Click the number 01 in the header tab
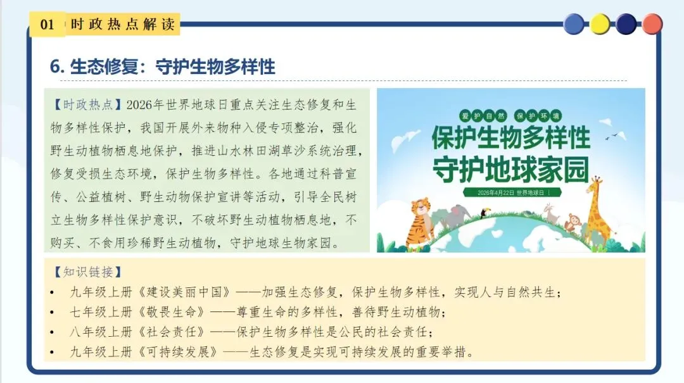47,25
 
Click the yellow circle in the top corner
600,24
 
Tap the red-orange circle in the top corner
652,24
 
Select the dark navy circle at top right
626,24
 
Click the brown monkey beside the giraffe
573,222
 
